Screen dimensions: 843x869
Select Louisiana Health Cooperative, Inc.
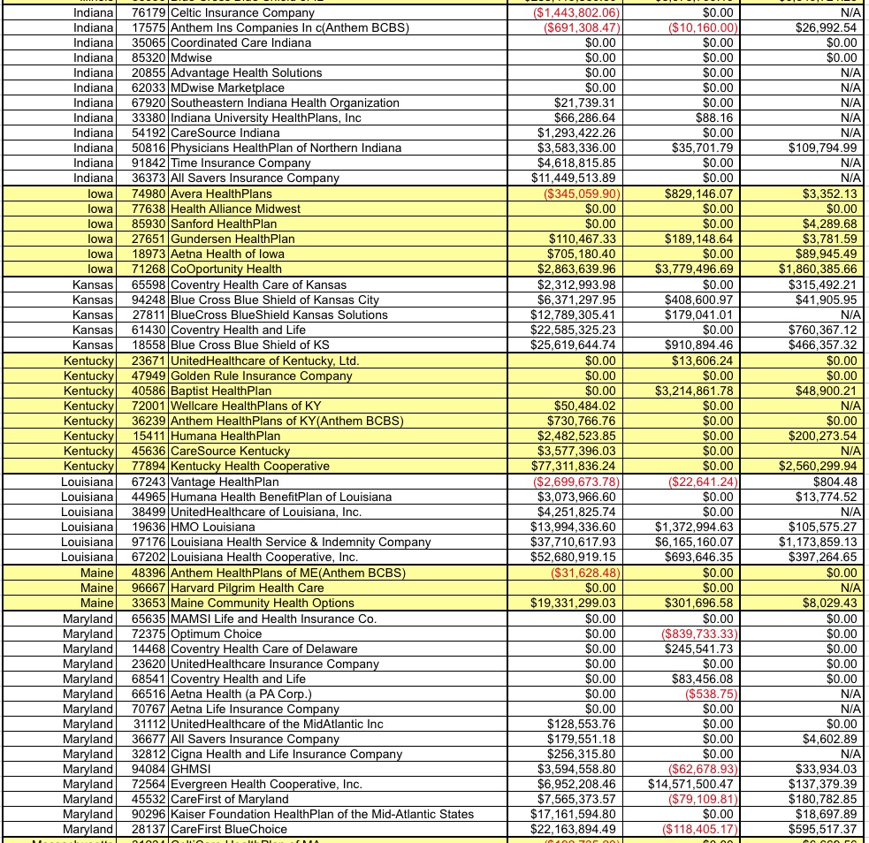click(264, 558)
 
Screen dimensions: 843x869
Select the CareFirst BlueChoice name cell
click(229, 829)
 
